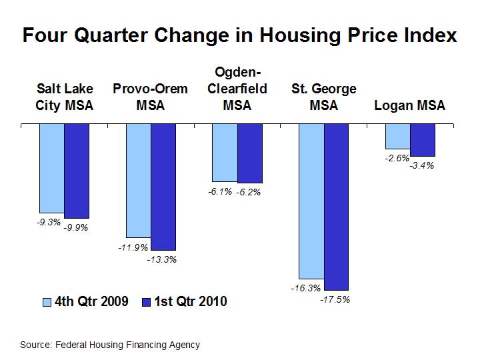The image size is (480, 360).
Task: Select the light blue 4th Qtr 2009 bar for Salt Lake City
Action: (x=51, y=168)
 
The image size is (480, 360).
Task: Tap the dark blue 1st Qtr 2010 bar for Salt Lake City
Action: (x=77, y=171)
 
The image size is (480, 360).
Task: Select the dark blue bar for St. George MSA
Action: (x=336, y=207)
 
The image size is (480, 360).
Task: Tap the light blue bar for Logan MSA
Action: (x=398, y=136)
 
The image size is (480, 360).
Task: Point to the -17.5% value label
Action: (x=335, y=300)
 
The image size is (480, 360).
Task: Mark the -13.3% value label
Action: (x=162, y=259)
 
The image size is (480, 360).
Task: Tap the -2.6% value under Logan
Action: (x=397, y=157)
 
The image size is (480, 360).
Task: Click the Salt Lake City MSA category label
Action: (x=65, y=97)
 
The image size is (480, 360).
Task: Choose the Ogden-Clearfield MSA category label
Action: (x=237, y=88)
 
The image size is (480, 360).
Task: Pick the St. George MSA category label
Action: (x=324, y=97)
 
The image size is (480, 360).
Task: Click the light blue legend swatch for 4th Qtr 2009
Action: (x=47, y=302)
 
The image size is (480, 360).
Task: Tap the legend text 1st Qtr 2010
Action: (x=191, y=302)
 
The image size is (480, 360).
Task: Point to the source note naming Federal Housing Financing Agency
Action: (x=110, y=345)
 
